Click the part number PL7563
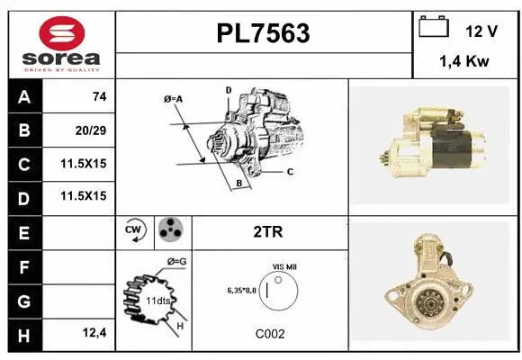point(264,33)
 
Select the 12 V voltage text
point(481,31)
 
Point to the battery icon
point(434,28)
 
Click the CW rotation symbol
point(136,231)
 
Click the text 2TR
point(268,231)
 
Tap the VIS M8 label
point(285,266)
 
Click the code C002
point(269,333)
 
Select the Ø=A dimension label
point(173,98)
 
